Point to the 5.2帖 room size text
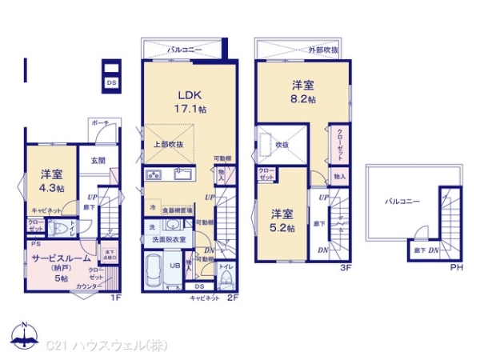click(x=281, y=228)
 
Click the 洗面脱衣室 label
click(x=171, y=239)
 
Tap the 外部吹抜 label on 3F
click(x=323, y=50)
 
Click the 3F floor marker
click(x=346, y=268)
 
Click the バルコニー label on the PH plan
click(x=398, y=202)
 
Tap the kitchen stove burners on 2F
click(x=154, y=175)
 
